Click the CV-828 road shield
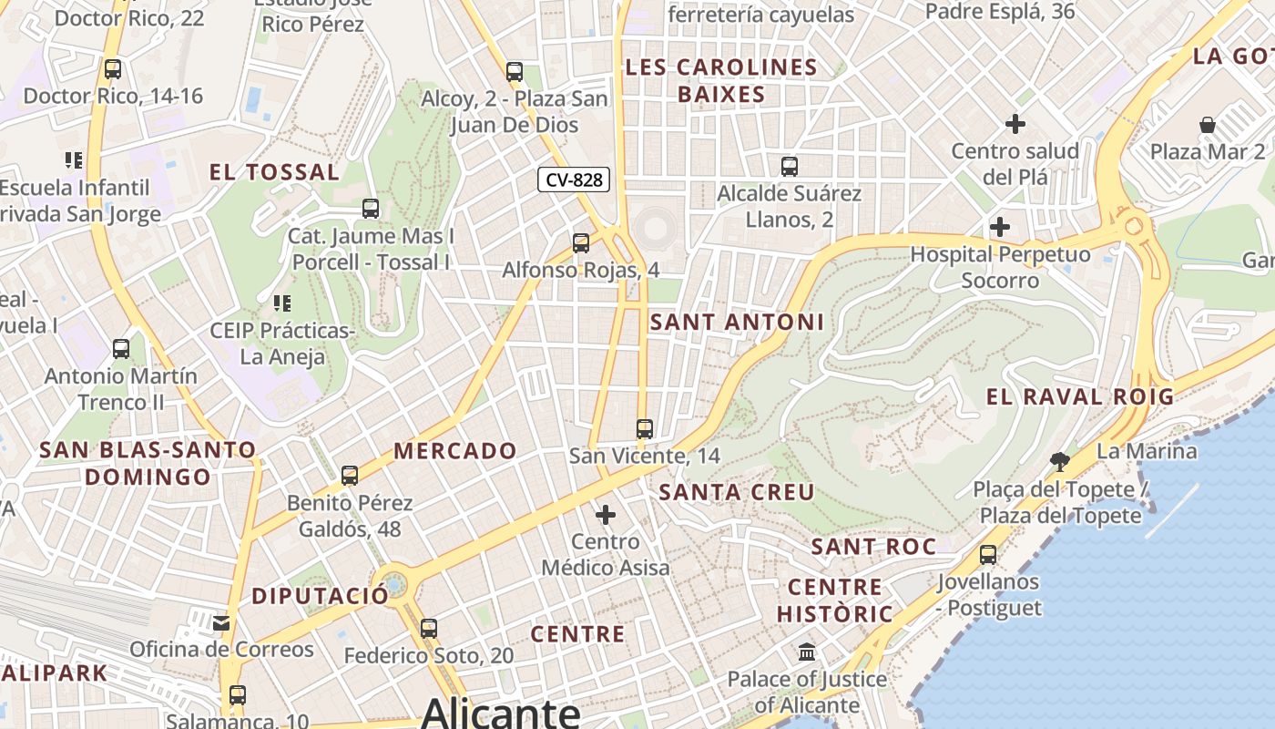coord(573,180)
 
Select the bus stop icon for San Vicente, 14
coord(645,428)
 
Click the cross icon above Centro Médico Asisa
coord(606,515)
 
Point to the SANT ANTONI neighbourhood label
coord(737,322)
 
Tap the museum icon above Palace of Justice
coord(807,652)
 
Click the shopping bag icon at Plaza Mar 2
coord(1208,125)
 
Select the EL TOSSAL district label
coord(274,172)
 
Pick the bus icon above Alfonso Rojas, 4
coord(581,243)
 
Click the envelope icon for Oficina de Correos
coord(221,623)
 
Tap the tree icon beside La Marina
coord(1059,461)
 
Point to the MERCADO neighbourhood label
coord(455,451)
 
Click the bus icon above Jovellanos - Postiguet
coord(988,554)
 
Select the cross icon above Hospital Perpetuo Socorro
coord(1000,226)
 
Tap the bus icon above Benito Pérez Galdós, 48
coord(350,476)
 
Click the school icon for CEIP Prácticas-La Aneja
coord(281,303)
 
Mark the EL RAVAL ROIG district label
coord(1080,397)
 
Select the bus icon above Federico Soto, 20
coord(429,628)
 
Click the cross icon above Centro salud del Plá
coord(1015,124)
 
